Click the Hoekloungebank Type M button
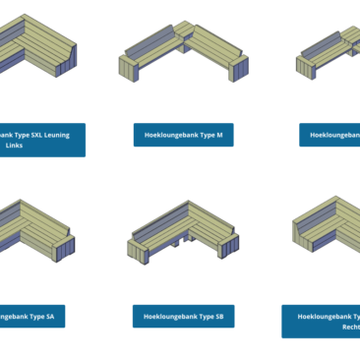click(x=184, y=135)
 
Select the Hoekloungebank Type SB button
click(x=184, y=316)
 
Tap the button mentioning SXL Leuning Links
click(x=42, y=140)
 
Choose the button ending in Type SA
click(x=39, y=316)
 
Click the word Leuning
click(x=56, y=135)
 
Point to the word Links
click(x=14, y=146)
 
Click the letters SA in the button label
click(x=62, y=316)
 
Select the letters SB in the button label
click(x=218, y=316)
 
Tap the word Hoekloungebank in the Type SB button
click(x=169, y=316)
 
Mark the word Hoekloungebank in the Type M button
click(x=170, y=135)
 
